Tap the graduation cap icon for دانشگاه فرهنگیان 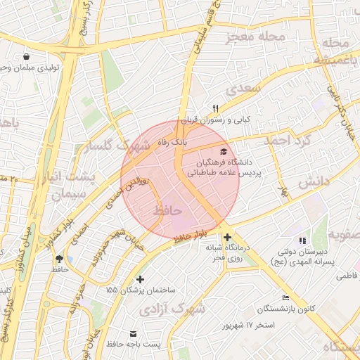click(224, 151)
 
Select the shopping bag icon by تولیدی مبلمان click(26, 56)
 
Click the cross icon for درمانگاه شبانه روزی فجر click(226, 238)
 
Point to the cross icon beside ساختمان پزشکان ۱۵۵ click(141, 279)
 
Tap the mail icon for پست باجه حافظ click(133, 333)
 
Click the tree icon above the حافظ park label click(58, 258)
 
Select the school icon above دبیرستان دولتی click(302, 241)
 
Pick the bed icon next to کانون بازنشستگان click(285, 297)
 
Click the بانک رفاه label click(173, 142)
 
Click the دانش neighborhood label click(314, 181)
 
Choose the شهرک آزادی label click(172, 309)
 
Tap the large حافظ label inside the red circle click(167, 210)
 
